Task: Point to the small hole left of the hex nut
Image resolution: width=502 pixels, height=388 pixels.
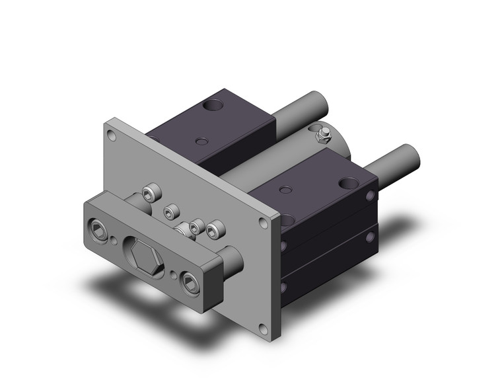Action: (x=117, y=241)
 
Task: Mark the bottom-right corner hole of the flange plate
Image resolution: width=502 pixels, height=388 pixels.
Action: (x=264, y=327)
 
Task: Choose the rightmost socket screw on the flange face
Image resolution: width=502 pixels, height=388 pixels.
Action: (x=213, y=232)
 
